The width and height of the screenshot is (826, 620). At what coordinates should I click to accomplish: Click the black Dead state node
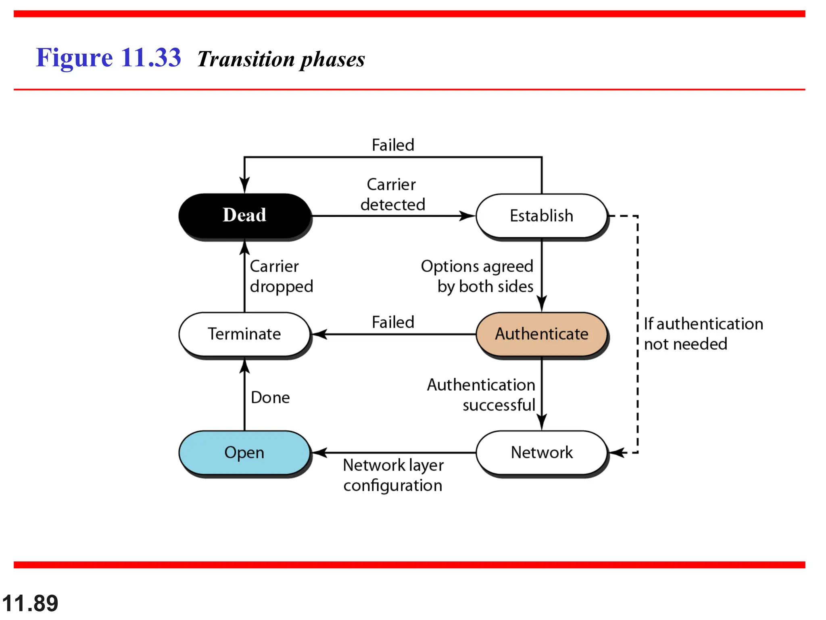[244, 215]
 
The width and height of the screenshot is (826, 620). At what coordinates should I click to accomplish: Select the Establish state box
[541, 216]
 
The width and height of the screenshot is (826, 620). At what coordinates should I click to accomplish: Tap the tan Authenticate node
[541, 334]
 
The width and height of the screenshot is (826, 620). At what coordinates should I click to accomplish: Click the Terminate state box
[244, 334]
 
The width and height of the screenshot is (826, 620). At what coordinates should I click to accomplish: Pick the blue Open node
[244, 452]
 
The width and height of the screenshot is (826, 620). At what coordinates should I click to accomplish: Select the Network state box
[541, 452]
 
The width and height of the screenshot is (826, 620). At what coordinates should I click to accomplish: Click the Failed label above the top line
[393, 145]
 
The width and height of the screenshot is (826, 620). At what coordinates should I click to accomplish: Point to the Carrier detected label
[392, 195]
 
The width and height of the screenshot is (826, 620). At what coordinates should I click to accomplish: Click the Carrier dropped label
[281, 276]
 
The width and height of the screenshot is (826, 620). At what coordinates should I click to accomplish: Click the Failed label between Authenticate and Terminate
[393, 322]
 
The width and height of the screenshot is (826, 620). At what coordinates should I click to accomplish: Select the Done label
[270, 398]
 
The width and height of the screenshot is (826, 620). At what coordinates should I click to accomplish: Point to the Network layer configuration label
[393, 475]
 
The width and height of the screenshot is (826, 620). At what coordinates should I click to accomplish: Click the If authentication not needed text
[703, 334]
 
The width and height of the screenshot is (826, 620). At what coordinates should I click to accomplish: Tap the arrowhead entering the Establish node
[468, 216]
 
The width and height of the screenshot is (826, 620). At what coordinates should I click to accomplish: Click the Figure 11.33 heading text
[108, 57]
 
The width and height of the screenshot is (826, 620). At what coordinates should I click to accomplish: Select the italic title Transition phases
[281, 59]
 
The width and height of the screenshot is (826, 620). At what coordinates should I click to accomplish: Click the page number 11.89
[30, 603]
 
